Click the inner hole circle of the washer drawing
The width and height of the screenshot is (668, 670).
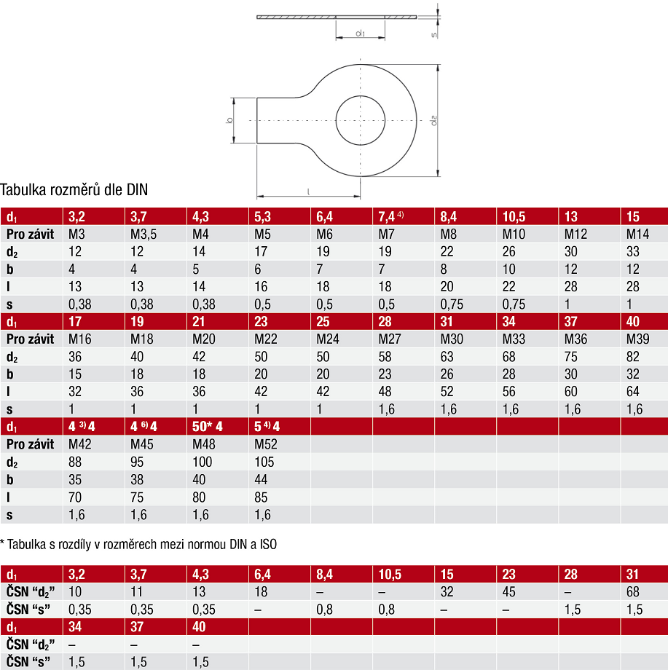(x=336, y=120)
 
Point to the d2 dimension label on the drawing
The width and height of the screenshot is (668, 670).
(x=433, y=120)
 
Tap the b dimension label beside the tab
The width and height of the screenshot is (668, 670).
(x=229, y=120)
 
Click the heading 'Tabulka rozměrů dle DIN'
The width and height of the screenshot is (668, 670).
(x=74, y=190)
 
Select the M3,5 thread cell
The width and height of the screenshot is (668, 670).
(x=144, y=234)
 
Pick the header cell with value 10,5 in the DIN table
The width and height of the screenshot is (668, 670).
(x=514, y=216)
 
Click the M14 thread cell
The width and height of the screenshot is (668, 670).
(x=637, y=234)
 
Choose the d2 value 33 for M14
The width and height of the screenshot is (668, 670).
(x=633, y=252)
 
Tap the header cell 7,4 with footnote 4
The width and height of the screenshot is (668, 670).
(x=390, y=216)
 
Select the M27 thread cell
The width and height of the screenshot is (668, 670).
(x=390, y=339)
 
